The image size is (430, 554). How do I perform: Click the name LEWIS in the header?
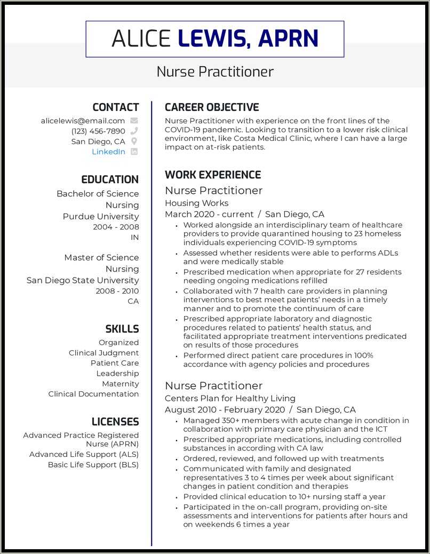pyautogui.click(x=211, y=39)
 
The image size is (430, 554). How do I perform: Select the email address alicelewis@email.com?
pyautogui.click(x=83, y=121)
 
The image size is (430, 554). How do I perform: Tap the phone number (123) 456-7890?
pyautogui.click(x=98, y=131)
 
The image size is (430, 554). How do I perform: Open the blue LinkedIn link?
pyautogui.click(x=108, y=152)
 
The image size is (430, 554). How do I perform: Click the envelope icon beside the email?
pyautogui.click(x=134, y=121)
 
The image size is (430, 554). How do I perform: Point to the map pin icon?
pyautogui.click(x=134, y=141)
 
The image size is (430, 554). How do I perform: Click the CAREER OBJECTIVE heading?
pyautogui.click(x=212, y=107)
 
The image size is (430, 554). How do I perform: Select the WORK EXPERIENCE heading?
pyautogui.click(x=212, y=175)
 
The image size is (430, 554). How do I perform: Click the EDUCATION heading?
pyautogui.click(x=109, y=180)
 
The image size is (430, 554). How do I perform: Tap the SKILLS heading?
pyautogui.click(x=122, y=329)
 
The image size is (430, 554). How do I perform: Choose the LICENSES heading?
pyautogui.click(x=115, y=422)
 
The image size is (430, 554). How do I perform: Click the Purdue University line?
pyautogui.click(x=100, y=216)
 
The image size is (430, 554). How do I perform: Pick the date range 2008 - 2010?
pyautogui.click(x=117, y=291)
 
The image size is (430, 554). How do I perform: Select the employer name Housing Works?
pyautogui.click(x=196, y=203)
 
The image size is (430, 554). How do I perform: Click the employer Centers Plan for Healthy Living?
pyautogui.click(x=230, y=398)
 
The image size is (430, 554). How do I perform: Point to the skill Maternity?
pyautogui.click(x=120, y=384)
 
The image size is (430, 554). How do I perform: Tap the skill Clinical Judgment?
pyautogui.click(x=103, y=353)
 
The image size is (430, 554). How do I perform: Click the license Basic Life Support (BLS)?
pyautogui.click(x=93, y=464)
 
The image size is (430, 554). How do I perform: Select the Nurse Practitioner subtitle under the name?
pyautogui.click(x=215, y=72)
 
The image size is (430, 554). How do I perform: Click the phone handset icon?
pyautogui.click(x=134, y=131)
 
